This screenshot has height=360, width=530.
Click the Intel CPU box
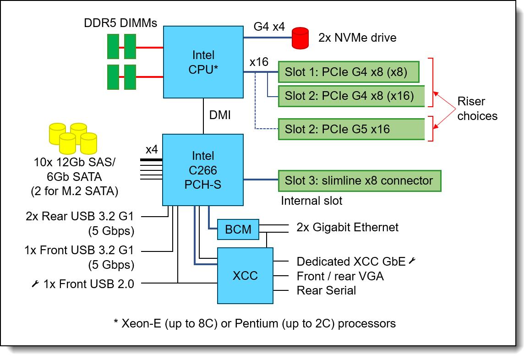pos(203,62)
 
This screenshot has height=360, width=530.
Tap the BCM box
pos(238,229)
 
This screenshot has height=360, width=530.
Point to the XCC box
pos(245,276)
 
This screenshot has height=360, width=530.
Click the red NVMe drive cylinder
pos(301,38)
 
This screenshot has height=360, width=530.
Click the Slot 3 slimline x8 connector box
pos(359,181)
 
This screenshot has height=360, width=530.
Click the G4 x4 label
pos(269,27)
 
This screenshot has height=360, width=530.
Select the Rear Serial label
pos(326,290)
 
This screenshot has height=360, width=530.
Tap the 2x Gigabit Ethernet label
pos(347,228)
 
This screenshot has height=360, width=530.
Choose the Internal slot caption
pos(311,201)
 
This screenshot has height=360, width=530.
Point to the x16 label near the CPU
pos(259,62)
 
